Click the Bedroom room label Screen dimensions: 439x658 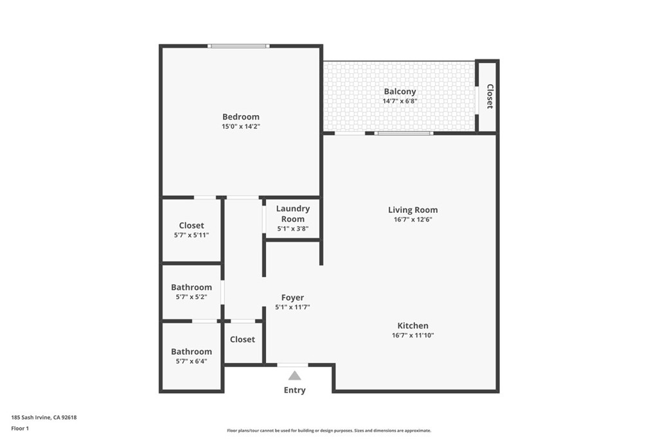coord(241,117)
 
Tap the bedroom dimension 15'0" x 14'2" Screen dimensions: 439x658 coord(241,127)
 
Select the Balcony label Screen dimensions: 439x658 coord(400,92)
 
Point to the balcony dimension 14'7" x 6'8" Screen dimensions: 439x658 coord(400,101)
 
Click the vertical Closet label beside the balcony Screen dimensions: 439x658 coord(490,96)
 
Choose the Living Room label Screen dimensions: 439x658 coord(413,210)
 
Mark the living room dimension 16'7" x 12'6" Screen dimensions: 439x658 coord(413,219)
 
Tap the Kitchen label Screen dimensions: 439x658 coord(413,326)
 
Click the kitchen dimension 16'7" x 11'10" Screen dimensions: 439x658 coord(413,336)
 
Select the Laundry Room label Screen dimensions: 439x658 coord(293,213)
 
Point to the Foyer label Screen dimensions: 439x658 coord(292,298)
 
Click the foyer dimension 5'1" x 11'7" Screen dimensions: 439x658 coord(292,307)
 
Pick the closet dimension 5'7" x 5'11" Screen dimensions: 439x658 coord(191,235)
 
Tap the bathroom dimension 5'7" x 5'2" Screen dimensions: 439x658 coord(191,297)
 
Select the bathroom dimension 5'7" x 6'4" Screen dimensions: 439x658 coord(191,361)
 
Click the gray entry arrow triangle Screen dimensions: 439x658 coord(294,375)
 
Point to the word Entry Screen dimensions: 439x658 coord(294,390)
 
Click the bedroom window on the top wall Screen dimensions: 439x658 coord(238,46)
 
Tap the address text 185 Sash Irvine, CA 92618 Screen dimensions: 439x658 coord(44,417)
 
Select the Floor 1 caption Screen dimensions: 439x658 coord(20,428)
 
